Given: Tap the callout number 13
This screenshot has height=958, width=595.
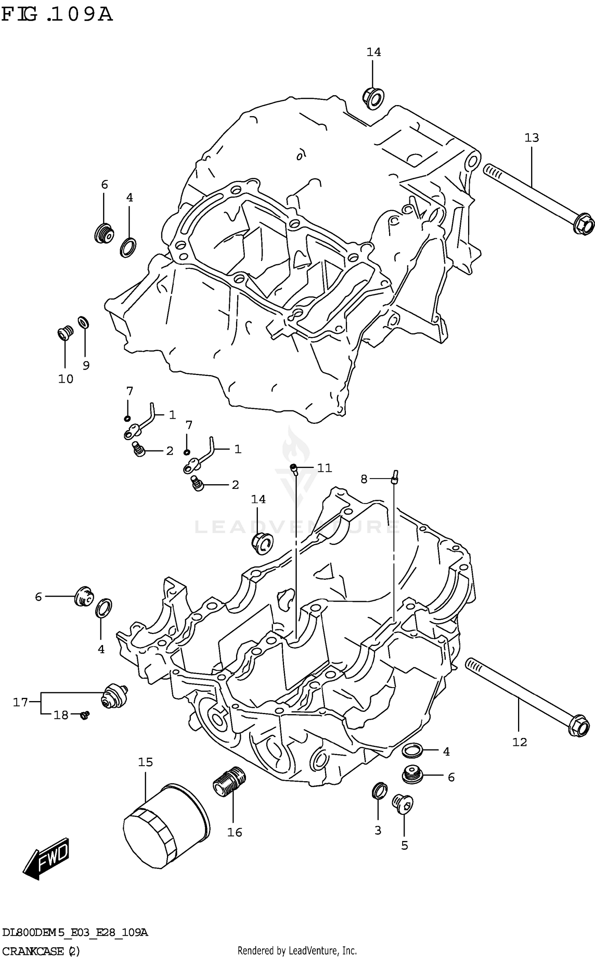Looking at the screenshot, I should (x=532, y=138).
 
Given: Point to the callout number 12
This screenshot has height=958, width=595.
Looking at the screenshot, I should (x=519, y=742).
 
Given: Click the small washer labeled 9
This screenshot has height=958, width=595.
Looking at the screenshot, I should (x=83, y=323).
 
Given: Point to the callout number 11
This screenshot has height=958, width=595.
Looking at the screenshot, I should (x=324, y=468).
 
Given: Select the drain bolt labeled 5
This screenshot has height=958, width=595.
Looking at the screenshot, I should (x=403, y=803).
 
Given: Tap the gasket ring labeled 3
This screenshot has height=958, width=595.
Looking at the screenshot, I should (x=379, y=790).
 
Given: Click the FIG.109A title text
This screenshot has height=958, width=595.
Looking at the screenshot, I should (x=57, y=15).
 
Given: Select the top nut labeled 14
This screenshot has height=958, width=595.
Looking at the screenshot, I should (x=373, y=98).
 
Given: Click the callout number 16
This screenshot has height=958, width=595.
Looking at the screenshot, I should (x=234, y=832).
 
